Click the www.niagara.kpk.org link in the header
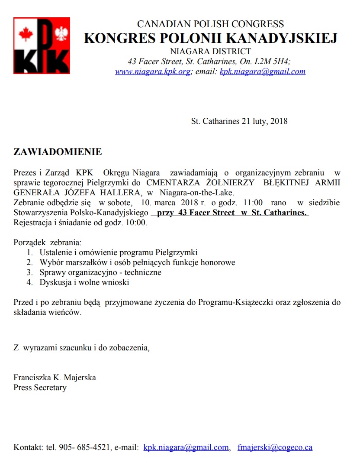(x=152, y=71)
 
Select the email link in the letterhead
(x=262, y=71)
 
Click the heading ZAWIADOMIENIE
(x=58, y=152)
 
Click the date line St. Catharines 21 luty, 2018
(x=239, y=121)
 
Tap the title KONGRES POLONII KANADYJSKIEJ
(x=210, y=38)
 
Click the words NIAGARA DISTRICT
(x=210, y=52)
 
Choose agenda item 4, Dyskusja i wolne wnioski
(x=84, y=282)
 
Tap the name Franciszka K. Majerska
(x=55, y=377)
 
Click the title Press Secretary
(x=40, y=388)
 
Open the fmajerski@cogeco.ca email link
(x=275, y=447)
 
